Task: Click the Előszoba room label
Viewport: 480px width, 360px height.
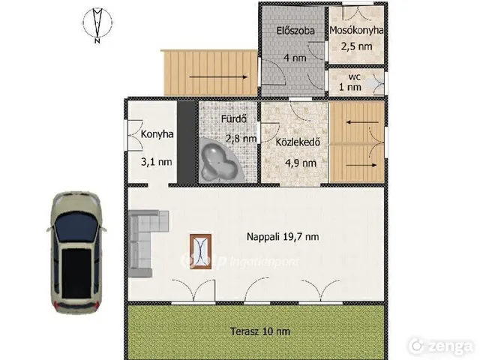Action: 295,31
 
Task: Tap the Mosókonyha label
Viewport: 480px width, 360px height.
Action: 357,30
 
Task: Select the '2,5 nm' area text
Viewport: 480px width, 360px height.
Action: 357,46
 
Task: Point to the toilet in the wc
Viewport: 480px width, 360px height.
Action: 373,82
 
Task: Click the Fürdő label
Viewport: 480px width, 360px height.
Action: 234,118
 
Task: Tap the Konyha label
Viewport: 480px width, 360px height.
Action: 157,134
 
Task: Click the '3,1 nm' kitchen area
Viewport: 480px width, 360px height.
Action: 157,162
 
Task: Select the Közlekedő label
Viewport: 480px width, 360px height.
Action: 298,142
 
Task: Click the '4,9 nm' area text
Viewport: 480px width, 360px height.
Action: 301,163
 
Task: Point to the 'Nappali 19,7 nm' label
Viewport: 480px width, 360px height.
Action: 283,237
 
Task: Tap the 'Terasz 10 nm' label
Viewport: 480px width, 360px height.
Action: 260,331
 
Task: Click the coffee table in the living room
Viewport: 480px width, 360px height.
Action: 200,252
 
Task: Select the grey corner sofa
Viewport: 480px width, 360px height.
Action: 145,244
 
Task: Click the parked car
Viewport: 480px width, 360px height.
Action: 76,253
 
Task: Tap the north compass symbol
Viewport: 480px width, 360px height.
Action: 97,25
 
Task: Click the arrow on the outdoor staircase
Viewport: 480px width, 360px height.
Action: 218,77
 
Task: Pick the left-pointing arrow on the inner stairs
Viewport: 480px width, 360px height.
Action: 362,122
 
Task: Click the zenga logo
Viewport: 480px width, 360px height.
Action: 440,346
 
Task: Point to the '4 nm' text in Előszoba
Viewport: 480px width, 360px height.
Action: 295,58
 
